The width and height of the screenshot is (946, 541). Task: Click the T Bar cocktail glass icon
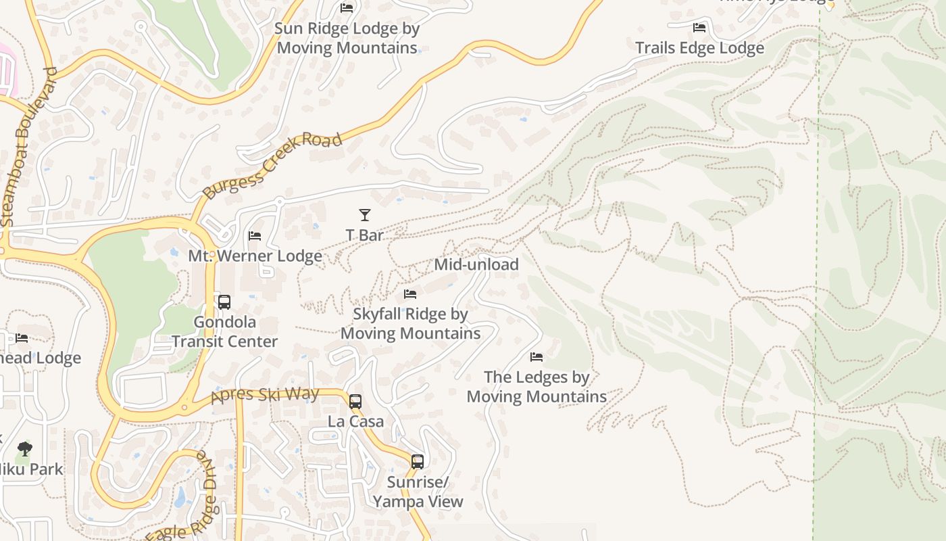click(x=365, y=215)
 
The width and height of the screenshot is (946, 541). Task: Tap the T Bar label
click(x=365, y=235)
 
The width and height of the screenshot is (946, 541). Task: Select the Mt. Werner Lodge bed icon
click(x=255, y=236)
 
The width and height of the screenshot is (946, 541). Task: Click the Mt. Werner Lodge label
click(x=255, y=256)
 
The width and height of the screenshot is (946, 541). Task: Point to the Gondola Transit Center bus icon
click(x=224, y=302)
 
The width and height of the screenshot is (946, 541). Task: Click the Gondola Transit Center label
click(x=224, y=331)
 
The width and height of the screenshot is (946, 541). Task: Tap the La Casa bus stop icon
click(x=355, y=401)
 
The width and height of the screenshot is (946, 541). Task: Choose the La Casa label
click(x=355, y=421)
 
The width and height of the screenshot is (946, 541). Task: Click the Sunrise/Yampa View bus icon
click(x=418, y=462)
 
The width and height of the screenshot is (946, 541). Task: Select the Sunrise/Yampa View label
click(x=418, y=492)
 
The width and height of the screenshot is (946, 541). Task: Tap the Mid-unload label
click(x=476, y=264)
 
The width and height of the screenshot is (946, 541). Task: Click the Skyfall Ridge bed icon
click(x=410, y=293)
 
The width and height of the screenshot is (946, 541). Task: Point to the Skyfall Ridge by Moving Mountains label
click(x=410, y=323)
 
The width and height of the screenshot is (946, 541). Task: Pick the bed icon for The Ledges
click(x=537, y=356)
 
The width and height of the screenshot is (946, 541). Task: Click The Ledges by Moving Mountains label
click(x=537, y=386)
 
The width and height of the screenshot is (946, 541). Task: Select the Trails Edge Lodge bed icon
click(x=699, y=28)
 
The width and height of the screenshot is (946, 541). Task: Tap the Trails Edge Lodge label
click(x=699, y=48)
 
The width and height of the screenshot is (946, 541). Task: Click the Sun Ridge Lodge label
click(x=347, y=38)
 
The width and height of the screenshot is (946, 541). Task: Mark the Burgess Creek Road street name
click(x=272, y=166)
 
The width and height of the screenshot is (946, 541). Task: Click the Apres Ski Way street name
click(x=265, y=394)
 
